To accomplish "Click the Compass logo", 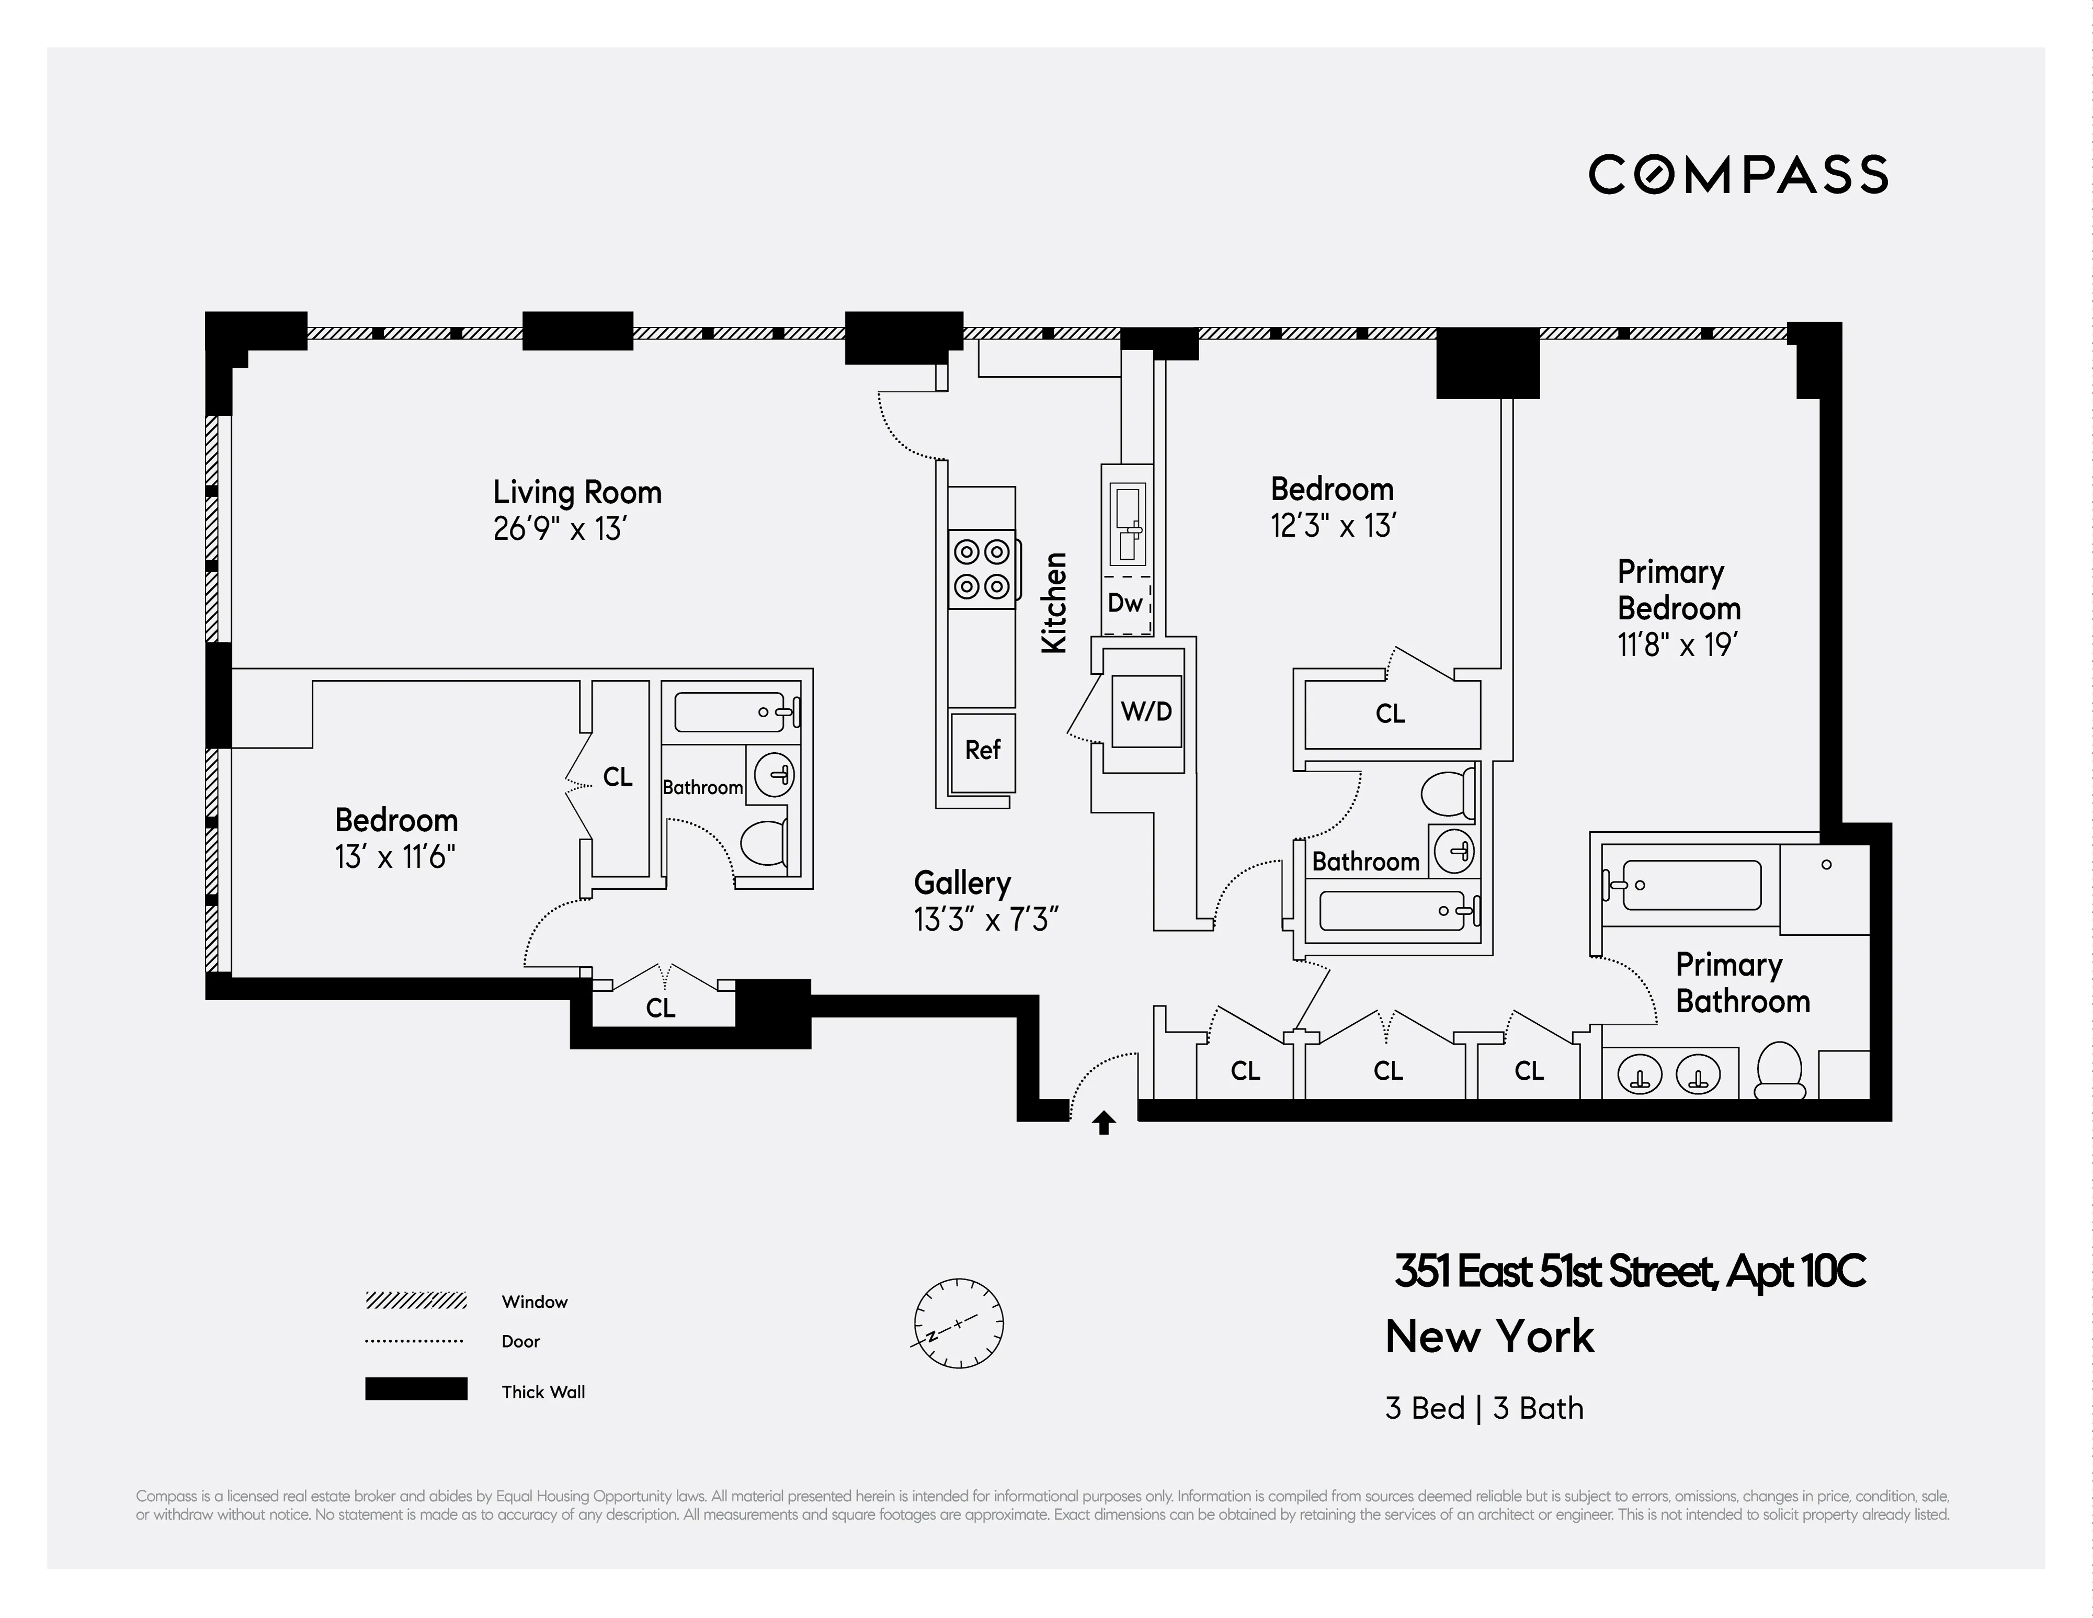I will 1737,174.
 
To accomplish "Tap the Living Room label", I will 577,493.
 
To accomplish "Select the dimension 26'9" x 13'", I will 560,529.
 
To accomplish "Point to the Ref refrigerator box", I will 982,751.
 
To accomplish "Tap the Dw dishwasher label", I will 1125,603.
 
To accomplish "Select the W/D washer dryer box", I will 1146,711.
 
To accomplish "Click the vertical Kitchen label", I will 1054,603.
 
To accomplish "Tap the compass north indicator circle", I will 958,1323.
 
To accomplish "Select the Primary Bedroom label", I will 1678,591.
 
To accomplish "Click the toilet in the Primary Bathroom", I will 1780,1072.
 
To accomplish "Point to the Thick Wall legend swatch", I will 416,1389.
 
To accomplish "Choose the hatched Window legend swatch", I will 416,1300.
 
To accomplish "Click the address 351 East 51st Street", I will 1629,1272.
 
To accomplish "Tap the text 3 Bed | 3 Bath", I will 1484,1408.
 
